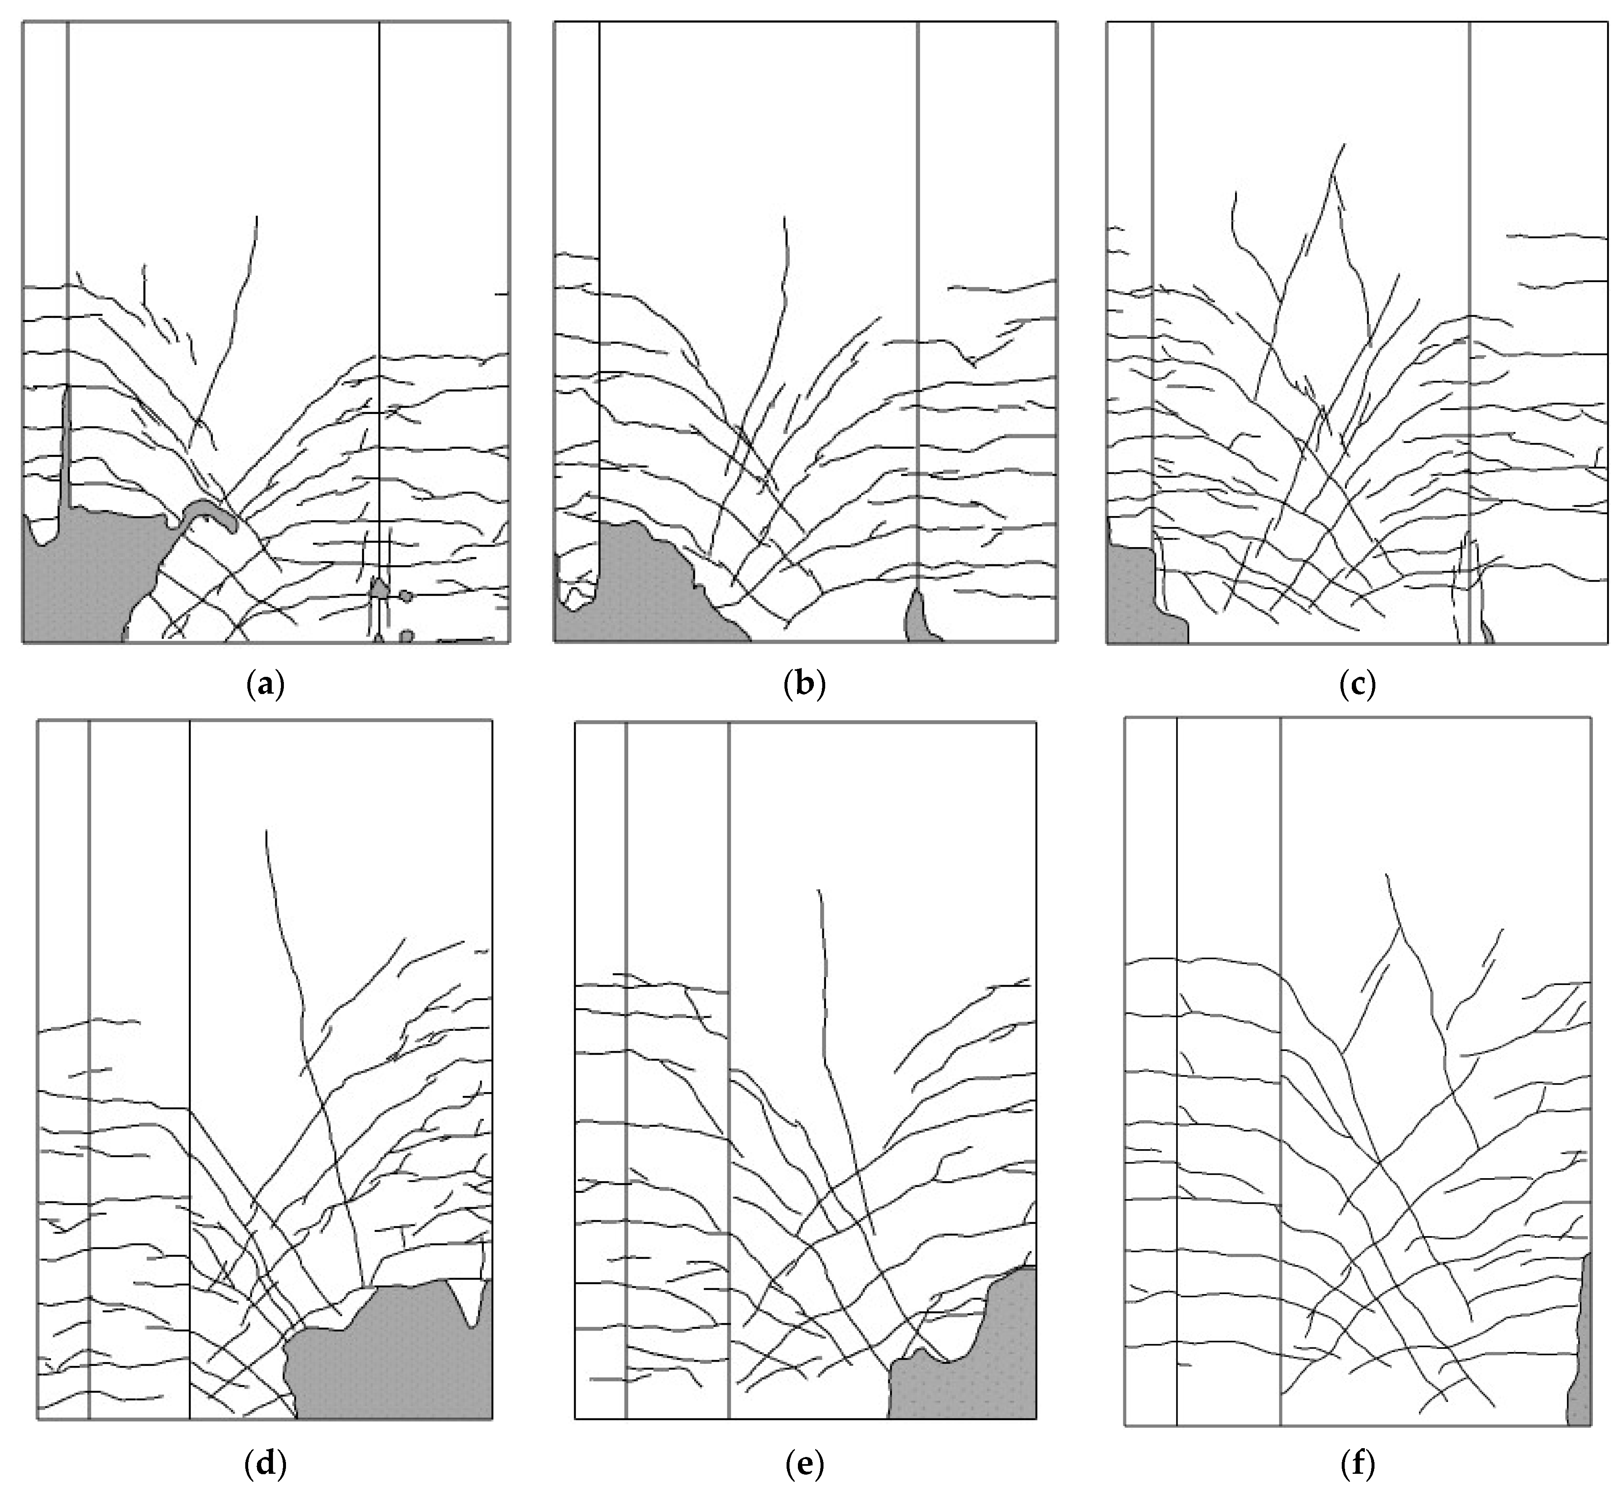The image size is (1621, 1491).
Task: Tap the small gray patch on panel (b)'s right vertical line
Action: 920,617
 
